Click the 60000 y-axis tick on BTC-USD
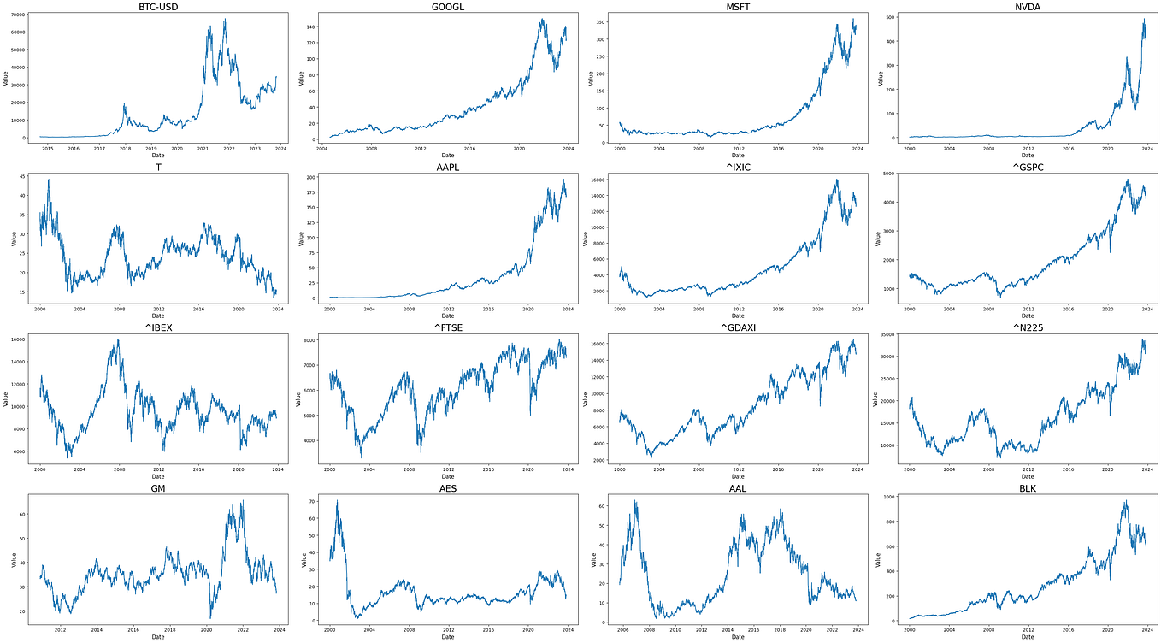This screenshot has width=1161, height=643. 17,32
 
